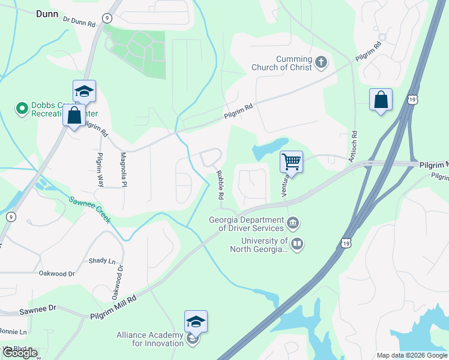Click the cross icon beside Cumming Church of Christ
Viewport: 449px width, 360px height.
tap(322, 62)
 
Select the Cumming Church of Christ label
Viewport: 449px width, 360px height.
tap(287, 63)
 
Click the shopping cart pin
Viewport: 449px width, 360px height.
tap(291, 161)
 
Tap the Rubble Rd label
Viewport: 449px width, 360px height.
tap(220, 185)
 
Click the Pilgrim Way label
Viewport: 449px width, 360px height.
tap(100, 169)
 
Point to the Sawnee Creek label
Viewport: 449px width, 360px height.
tap(91, 211)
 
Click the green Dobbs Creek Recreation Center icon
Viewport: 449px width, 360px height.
tap(22, 109)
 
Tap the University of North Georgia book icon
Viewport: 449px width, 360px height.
tap(297, 244)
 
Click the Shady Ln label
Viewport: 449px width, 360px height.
tap(101, 260)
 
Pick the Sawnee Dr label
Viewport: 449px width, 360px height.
tap(38, 308)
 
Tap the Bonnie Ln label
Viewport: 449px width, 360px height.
tap(13, 332)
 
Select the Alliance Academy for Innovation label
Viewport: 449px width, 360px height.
tap(150, 339)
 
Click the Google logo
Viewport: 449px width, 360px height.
tap(20, 353)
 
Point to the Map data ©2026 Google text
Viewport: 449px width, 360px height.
tap(411, 355)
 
